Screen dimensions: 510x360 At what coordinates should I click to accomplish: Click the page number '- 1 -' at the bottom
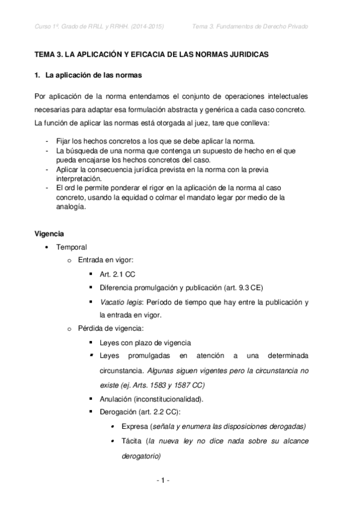(x=162, y=481)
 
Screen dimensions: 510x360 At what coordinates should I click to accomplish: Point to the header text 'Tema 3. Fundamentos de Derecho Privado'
(x=260, y=26)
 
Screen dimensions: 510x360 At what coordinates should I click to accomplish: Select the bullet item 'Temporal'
(x=72, y=247)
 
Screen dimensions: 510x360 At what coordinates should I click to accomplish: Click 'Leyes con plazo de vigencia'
(x=145, y=342)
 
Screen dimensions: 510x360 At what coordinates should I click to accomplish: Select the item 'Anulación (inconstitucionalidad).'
(x=152, y=399)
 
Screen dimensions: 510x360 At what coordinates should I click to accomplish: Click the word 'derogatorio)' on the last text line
(x=141, y=456)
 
